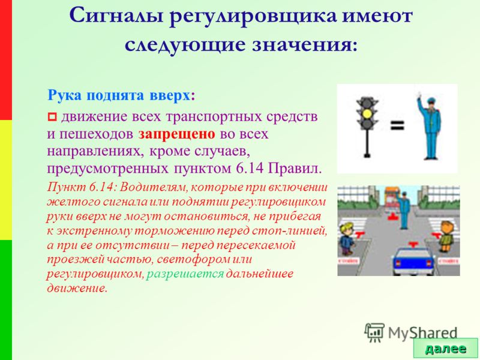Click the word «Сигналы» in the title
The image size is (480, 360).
pyautogui.click(x=116, y=16)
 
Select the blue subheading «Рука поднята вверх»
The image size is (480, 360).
pyautogui.click(x=119, y=95)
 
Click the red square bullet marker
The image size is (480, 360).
pyautogui.click(x=52, y=116)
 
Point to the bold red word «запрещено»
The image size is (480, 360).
pyautogui.click(x=176, y=134)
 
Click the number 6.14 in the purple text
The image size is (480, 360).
pyautogui.click(x=249, y=168)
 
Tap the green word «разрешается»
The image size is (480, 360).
pyautogui.click(x=185, y=274)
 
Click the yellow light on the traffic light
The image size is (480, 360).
pyautogui.click(x=367, y=114)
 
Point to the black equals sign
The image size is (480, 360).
pyautogui.click(x=397, y=125)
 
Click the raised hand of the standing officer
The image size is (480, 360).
pyautogui.click(x=418, y=95)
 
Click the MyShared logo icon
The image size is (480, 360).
pyautogui.click(x=374, y=332)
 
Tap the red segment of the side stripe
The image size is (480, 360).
pyautogui.click(x=6, y=59)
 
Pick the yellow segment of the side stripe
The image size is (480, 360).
pyautogui.click(x=6, y=179)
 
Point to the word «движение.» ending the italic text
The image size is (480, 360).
pyautogui.click(x=77, y=289)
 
